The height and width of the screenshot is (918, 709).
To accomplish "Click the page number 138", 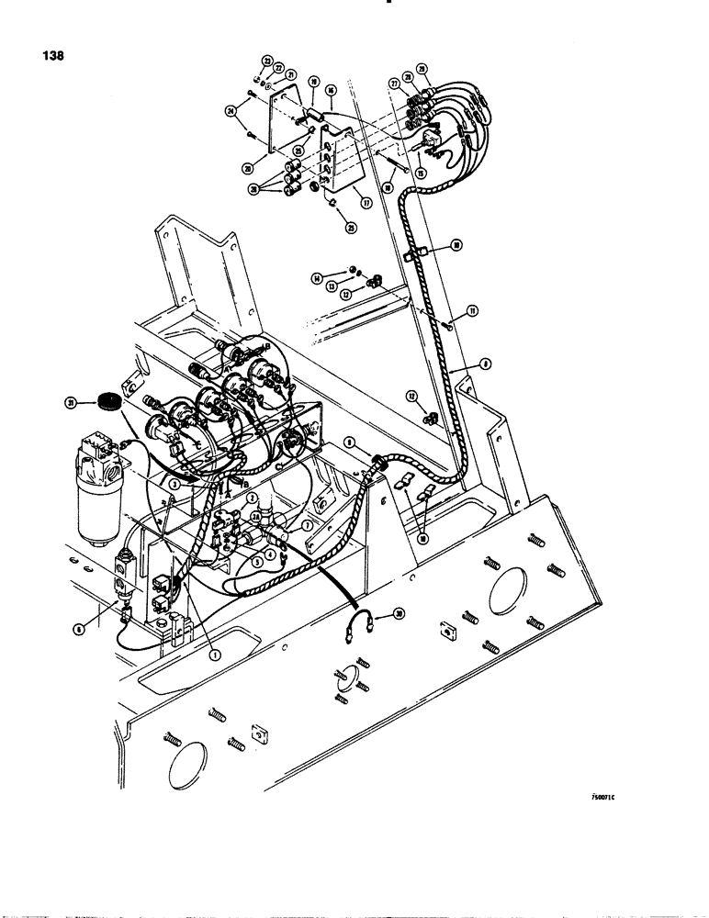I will [53, 54].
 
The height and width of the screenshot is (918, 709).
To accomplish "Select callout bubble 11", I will [473, 312].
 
